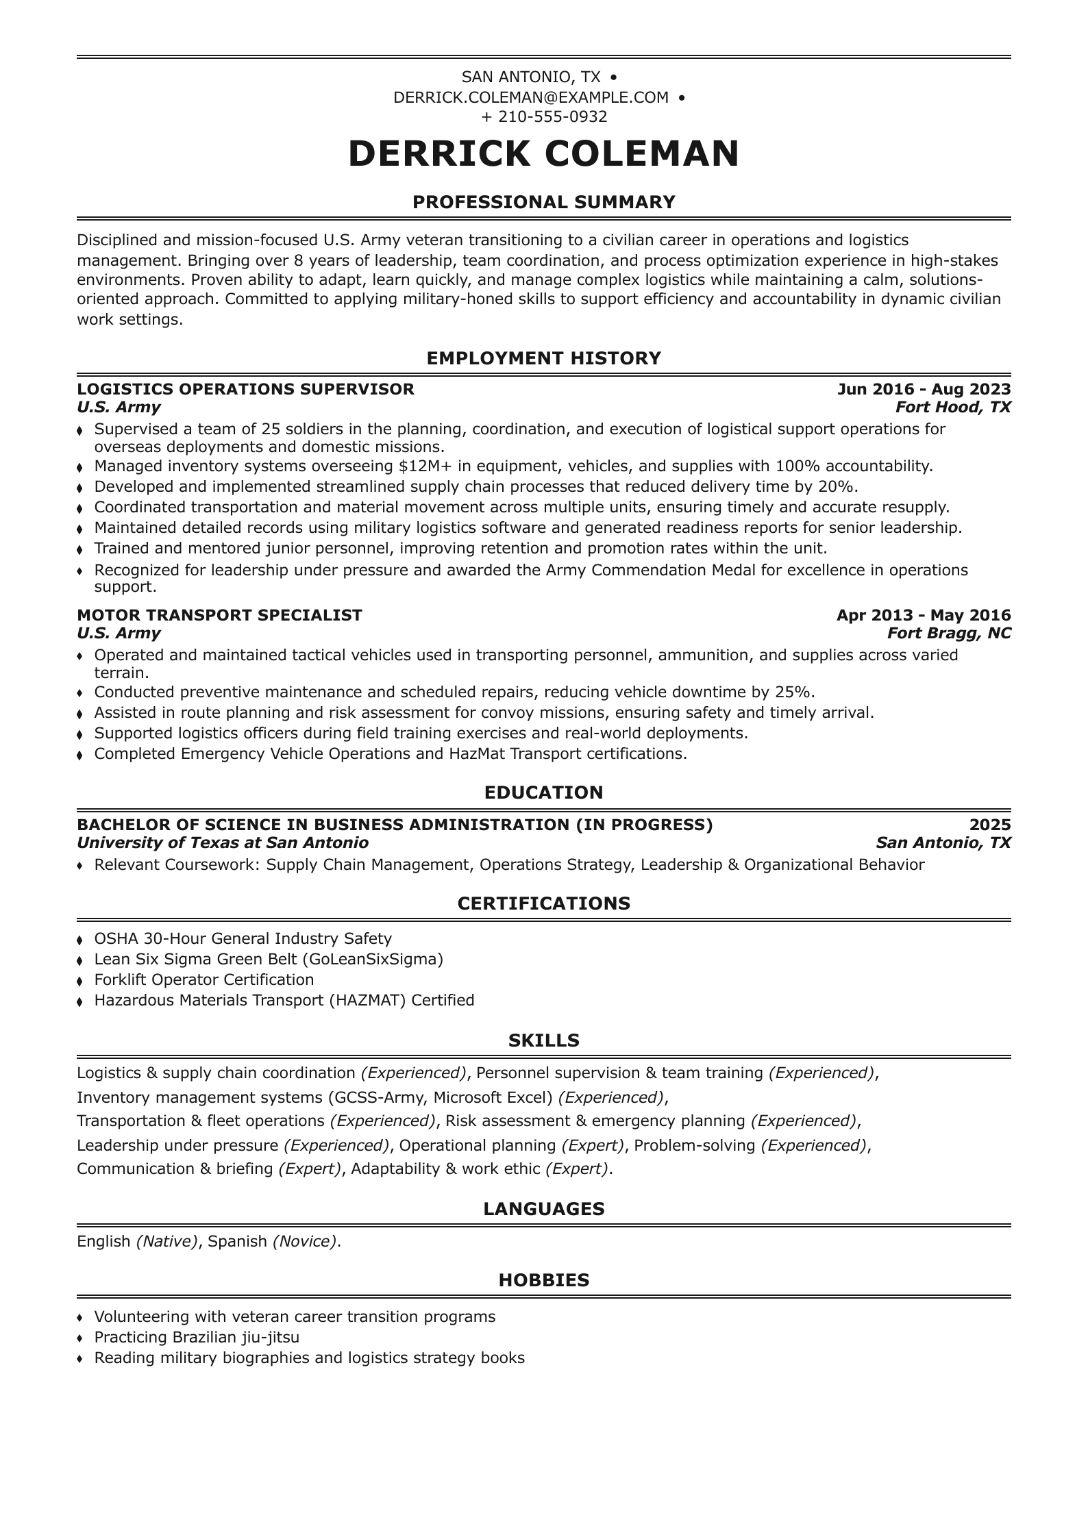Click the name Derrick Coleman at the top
tap(543, 153)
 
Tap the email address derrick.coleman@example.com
tap(531, 97)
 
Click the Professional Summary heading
tap(543, 202)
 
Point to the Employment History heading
tap(543, 358)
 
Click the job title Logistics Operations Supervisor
tap(245, 389)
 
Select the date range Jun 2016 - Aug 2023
tap(924, 389)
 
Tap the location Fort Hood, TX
tap(953, 408)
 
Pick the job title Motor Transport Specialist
tap(219, 615)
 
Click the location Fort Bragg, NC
tap(949, 633)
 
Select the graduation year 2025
tap(990, 825)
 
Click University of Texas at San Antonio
tap(223, 842)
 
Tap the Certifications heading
tap(543, 903)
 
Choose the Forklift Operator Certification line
tap(203, 979)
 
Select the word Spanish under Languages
tap(237, 1241)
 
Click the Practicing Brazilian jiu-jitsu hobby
tap(197, 1337)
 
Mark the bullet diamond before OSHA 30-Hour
tap(80, 940)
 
